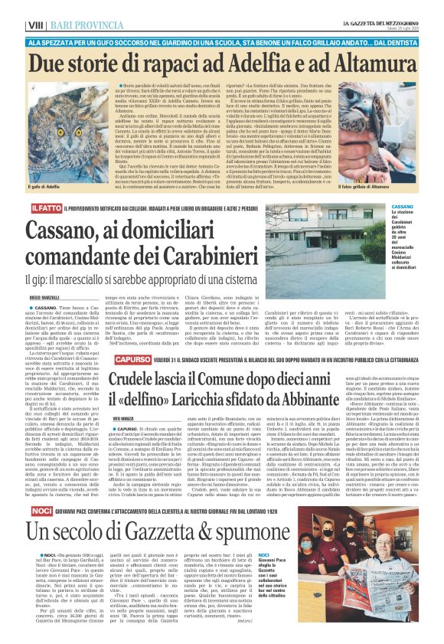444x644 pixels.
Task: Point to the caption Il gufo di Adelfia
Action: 45,185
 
